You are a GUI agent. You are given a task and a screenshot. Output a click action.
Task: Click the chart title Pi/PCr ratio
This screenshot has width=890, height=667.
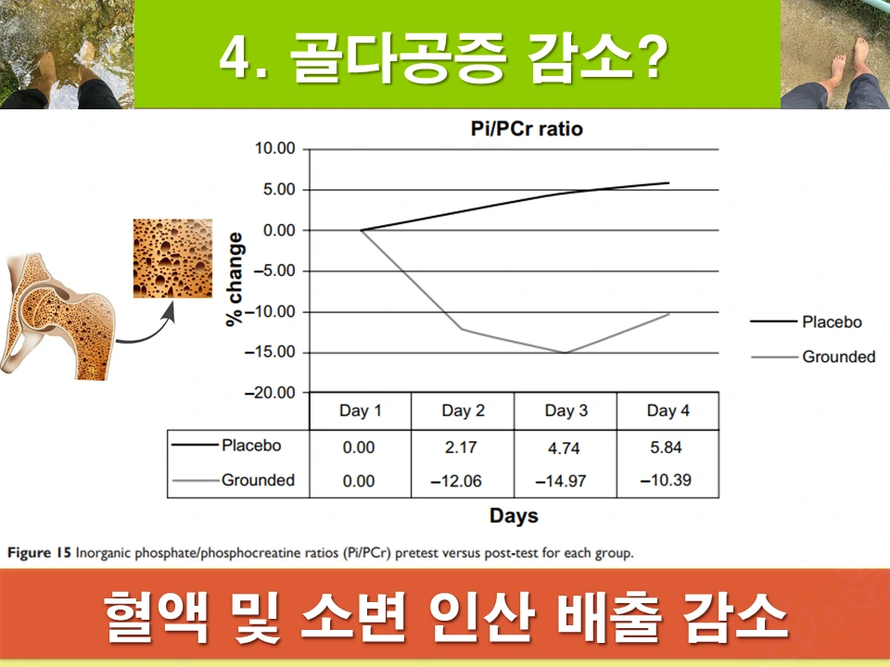(526, 129)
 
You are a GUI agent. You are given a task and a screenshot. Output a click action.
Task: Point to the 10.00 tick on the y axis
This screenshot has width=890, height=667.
(273, 149)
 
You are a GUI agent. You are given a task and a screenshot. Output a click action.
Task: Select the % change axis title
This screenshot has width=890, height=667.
(236, 278)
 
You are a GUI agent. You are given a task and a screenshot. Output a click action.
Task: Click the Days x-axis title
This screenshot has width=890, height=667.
(514, 515)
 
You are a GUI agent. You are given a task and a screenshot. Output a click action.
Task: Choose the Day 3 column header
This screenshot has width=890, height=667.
(565, 410)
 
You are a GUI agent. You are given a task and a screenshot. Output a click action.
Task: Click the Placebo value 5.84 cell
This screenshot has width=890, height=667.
(666, 447)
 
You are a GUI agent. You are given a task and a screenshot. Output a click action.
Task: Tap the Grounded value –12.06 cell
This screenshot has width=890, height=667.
(463, 481)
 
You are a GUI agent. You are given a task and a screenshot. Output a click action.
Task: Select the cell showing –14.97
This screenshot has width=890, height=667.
(564, 481)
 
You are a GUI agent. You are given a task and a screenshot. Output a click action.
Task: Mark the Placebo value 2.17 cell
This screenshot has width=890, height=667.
(462, 447)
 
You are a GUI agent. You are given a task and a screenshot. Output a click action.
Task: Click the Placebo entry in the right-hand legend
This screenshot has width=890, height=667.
(831, 321)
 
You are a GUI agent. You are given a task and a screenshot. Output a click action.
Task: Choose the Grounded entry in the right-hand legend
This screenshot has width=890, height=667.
(838, 357)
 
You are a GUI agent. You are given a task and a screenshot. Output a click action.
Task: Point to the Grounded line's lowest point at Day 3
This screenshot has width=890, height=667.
(565, 352)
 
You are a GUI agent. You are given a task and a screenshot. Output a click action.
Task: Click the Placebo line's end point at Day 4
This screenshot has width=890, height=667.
(667, 182)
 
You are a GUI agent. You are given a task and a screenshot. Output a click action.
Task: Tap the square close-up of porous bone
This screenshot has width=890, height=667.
(172, 258)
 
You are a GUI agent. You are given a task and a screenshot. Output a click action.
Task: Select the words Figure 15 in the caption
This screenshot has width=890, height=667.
(40, 554)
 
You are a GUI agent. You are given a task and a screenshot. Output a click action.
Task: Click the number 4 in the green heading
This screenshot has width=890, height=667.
(231, 57)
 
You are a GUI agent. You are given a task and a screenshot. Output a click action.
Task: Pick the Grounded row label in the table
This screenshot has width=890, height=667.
(258, 480)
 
